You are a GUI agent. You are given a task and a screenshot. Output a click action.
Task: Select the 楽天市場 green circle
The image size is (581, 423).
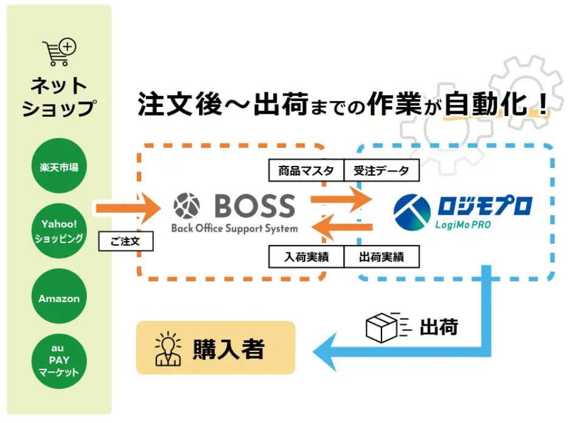(x=60, y=166)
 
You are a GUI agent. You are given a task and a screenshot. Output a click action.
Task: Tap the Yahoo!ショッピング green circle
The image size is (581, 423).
(x=60, y=231)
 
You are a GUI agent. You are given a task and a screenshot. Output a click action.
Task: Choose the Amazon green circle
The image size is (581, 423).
(x=60, y=298)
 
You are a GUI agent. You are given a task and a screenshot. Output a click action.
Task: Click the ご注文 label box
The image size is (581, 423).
(x=126, y=241)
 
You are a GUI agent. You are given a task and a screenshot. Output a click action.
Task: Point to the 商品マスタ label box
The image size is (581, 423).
(x=306, y=171)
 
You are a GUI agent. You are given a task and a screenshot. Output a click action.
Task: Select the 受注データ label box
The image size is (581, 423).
(x=381, y=171)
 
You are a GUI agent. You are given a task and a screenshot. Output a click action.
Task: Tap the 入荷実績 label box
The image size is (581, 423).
(x=306, y=257)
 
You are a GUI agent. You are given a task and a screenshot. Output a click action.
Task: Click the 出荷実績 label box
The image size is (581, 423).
(x=381, y=257)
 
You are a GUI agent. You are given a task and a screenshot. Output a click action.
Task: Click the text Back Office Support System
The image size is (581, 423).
(x=235, y=229)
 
